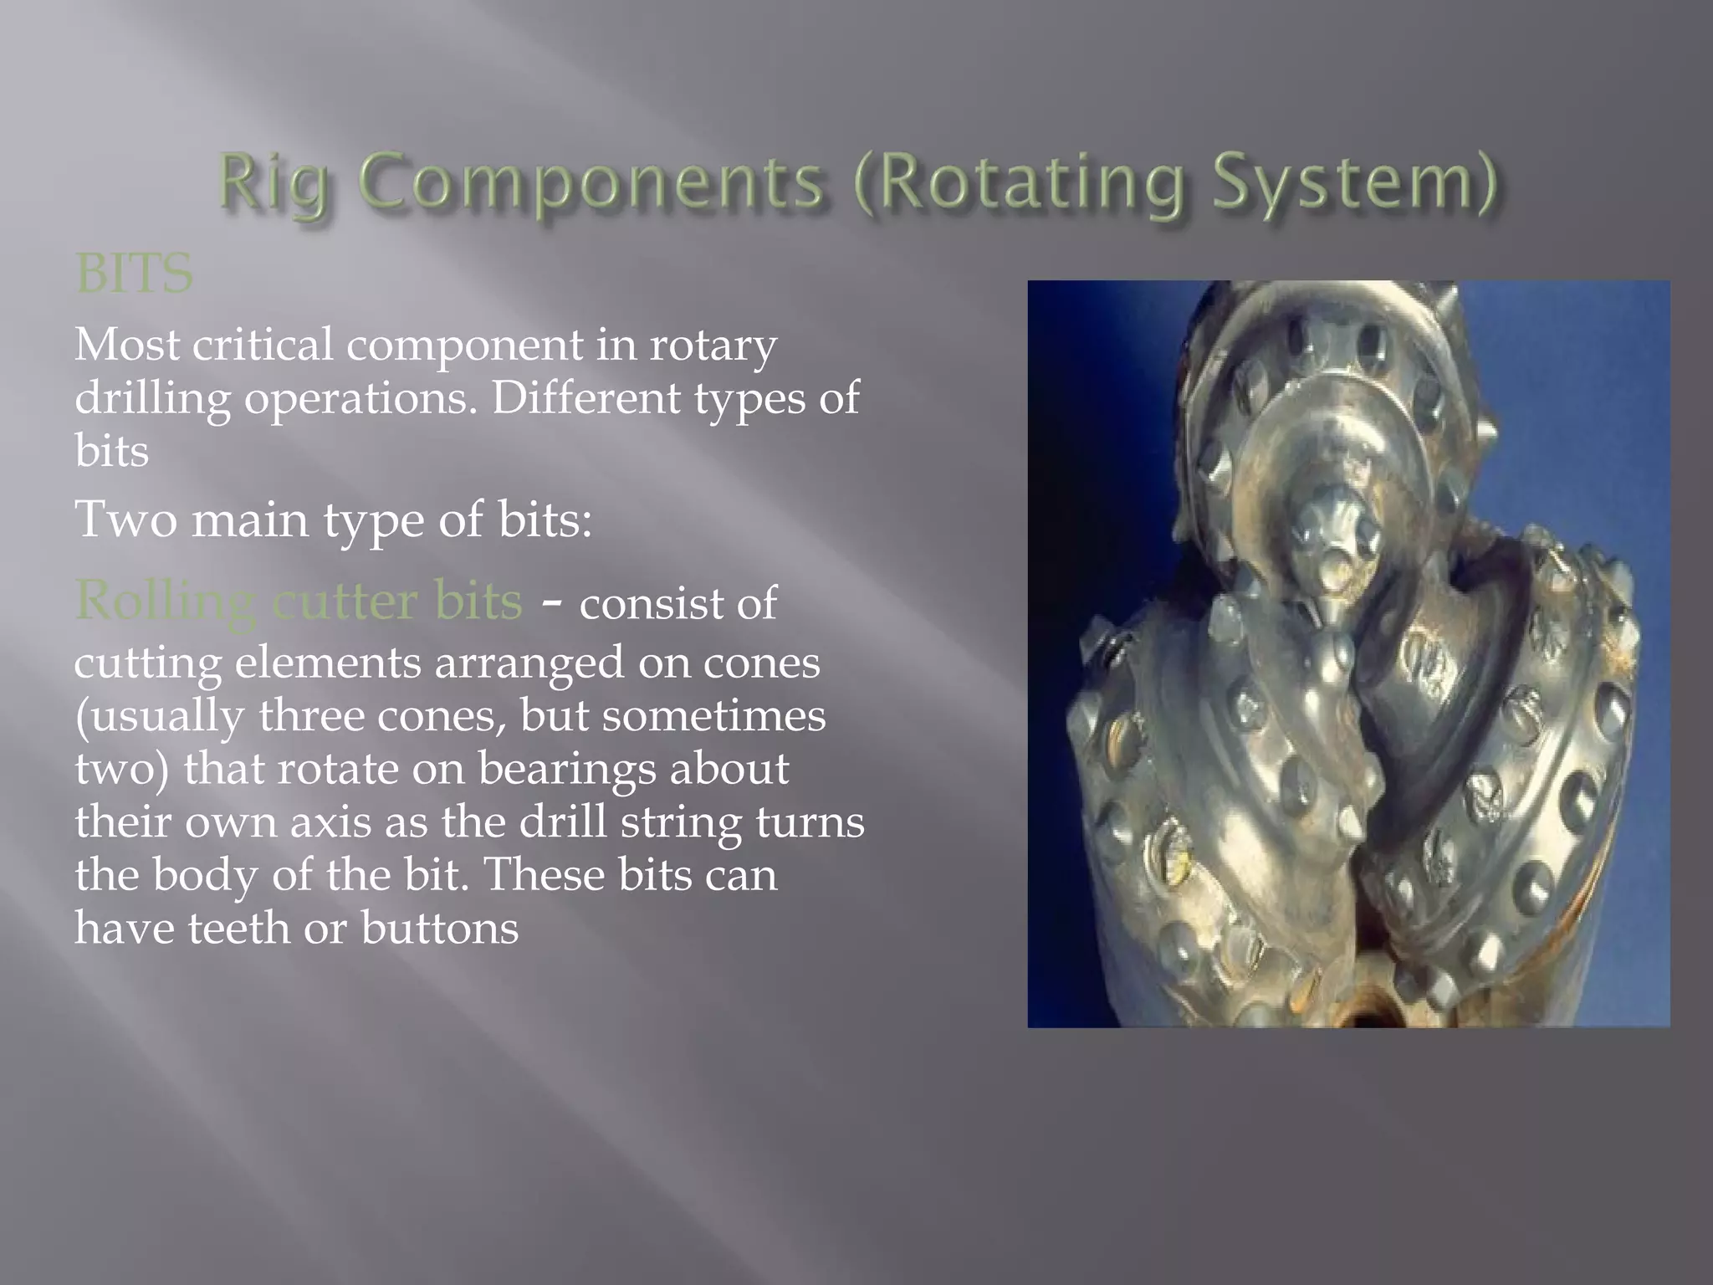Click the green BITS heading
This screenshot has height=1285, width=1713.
(134, 273)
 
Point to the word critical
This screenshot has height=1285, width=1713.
(263, 344)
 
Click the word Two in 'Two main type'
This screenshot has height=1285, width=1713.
(126, 519)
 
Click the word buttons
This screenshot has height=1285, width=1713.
(439, 929)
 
